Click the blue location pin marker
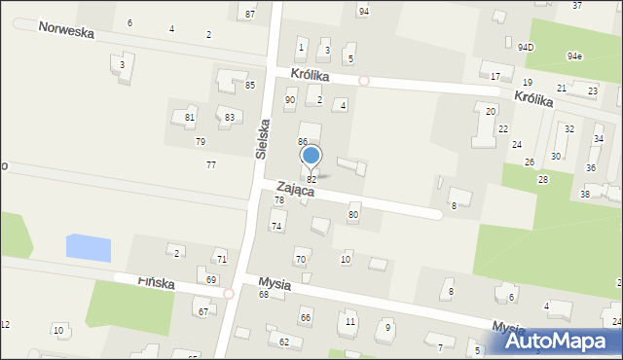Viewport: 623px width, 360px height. pos(311,156)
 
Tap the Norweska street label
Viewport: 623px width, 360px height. pos(66,30)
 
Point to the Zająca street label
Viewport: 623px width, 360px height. pos(294,190)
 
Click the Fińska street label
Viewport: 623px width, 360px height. pos(156,282)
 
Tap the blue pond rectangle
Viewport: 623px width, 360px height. pos(89,246)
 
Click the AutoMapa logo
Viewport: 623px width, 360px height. pos(557,342)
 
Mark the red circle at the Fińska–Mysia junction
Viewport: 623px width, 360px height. pos(228,293)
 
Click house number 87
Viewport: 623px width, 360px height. pos(250,14)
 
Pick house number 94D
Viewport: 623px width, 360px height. pos(526,47)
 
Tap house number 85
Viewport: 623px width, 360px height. pos(250,86)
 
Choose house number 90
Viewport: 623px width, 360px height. pos(290,100)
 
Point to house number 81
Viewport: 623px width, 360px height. pos(190,118)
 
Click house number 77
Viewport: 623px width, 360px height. pos(211,164)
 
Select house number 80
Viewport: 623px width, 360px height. pos(353,214)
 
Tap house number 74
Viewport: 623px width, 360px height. pos(276,226)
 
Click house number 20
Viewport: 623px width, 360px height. pos(491,112)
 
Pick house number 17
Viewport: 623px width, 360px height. pos(495,76)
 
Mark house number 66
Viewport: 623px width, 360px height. pos(306,318)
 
